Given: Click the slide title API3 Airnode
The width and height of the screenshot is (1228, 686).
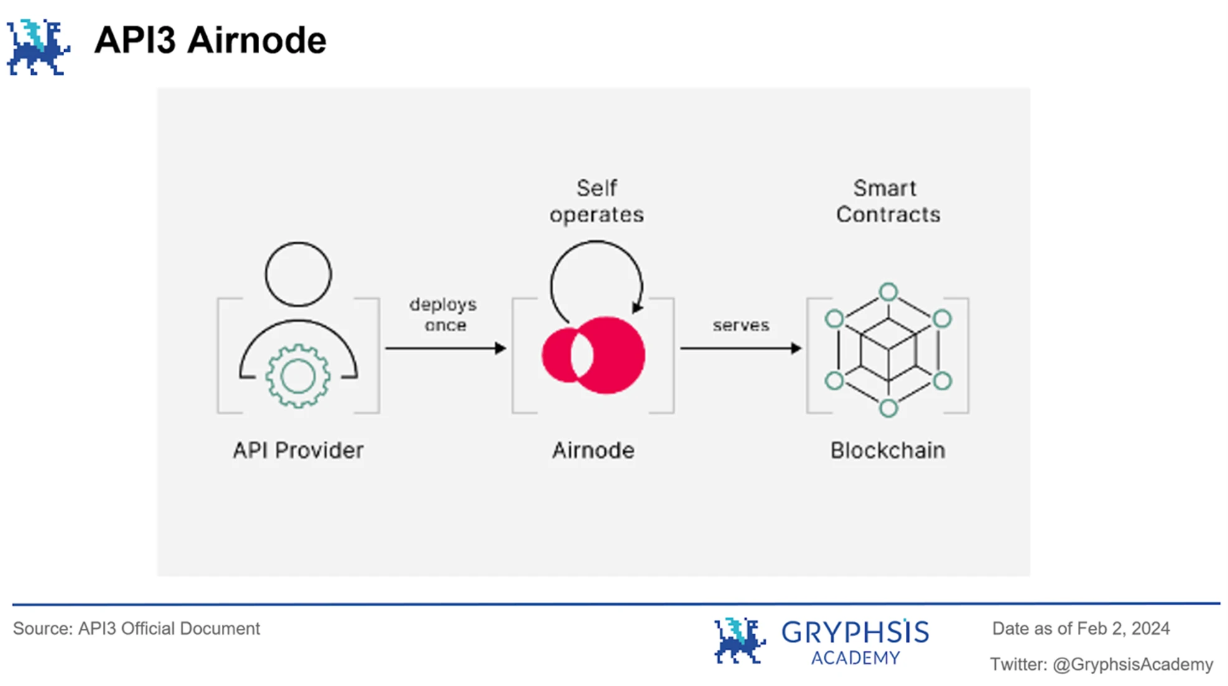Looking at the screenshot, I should [x=210, y=41].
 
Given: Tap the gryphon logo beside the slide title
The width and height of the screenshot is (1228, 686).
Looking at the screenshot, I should [x=38, y=47].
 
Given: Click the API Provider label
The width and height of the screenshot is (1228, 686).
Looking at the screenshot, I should [x=298, y=450].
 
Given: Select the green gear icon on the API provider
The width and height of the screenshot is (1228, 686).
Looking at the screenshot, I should [x=298, y=376].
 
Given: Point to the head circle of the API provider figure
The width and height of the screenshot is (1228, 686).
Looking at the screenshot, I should [x=298, y=274].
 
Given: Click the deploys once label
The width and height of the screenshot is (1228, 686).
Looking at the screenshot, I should [x=444, y=314].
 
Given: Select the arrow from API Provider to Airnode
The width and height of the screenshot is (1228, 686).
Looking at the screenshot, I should [x=445, y=348].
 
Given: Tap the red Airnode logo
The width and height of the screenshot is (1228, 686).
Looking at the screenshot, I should [x=593, y=355].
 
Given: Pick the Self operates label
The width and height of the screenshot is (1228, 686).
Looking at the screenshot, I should [x=596, y=201].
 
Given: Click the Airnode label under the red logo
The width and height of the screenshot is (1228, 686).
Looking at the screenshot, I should [x=593, y=450].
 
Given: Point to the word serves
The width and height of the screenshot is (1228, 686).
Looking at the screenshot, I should [x=741, y=325].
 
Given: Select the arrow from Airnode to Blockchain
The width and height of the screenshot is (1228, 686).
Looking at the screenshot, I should [x=740, y=348].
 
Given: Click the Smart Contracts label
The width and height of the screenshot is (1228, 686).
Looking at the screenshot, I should [x=888, y=201].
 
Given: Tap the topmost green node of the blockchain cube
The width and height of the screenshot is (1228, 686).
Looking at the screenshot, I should [x=888, y=291].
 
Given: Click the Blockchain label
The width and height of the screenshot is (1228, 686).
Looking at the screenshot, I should [x=888, y=450].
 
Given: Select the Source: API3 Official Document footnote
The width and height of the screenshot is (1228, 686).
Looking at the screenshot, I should [x=136, y=629].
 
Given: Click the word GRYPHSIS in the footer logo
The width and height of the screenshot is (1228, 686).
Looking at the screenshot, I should [x=855, y=632].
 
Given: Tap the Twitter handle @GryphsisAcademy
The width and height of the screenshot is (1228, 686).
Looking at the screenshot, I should [x=1133, y=665].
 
